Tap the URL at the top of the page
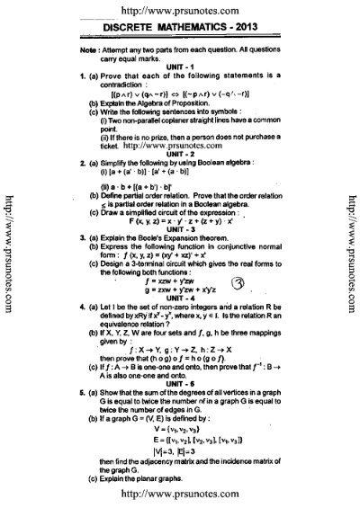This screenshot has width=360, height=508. tap(179, 8)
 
